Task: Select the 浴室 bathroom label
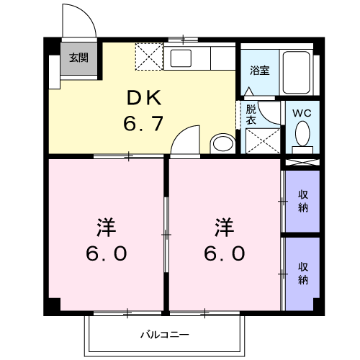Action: (x=259, y=70)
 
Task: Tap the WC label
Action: (x=302, y=112)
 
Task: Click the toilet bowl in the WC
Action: (x=302, y=133)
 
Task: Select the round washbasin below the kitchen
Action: (x=222, y=143)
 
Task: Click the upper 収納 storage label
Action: (x=302, y=200)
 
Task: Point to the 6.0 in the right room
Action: (x=225, y=253)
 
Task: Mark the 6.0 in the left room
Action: (x=107, y=253)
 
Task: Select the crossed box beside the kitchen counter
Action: (x=150, y=55)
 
